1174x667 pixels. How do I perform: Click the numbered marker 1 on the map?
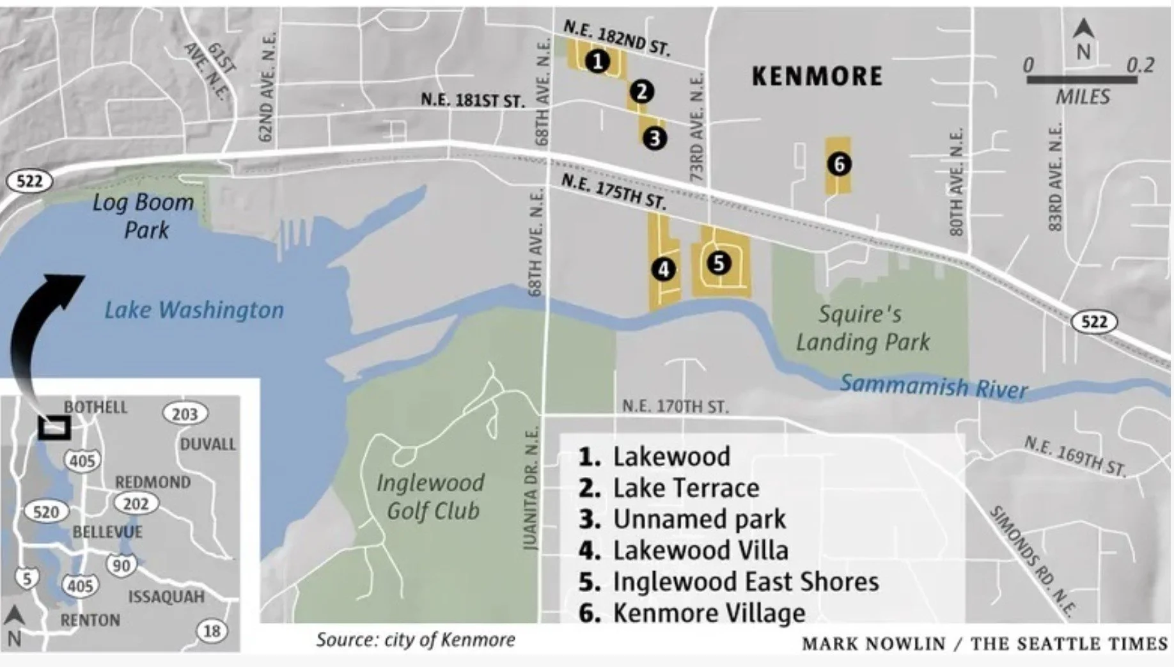tap(597, 61)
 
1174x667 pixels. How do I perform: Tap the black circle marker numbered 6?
tap(839, 164)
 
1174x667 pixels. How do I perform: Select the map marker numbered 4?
tap(663, 269)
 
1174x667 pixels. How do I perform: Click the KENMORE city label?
tap(817, 76)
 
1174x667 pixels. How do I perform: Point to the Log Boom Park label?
tap(144, 216)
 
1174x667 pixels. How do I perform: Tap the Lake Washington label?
tap(194, 310)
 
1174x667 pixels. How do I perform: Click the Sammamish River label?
tap(933, 386)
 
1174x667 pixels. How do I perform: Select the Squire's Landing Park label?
tap(862, 328)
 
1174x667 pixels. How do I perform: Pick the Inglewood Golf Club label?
tap(431, 496)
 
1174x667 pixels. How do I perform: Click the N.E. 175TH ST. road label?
tap(613, 191)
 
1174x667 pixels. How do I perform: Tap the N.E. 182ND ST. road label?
tap(616, 38)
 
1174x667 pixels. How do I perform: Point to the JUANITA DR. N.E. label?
tap(530, 489)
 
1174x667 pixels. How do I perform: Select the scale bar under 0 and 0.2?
tap(1082, 80)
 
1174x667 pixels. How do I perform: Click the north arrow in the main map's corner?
tap(1083, 38)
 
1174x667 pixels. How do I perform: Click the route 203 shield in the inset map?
tap(185, 414)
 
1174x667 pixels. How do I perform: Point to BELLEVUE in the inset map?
tap(107, 531)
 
